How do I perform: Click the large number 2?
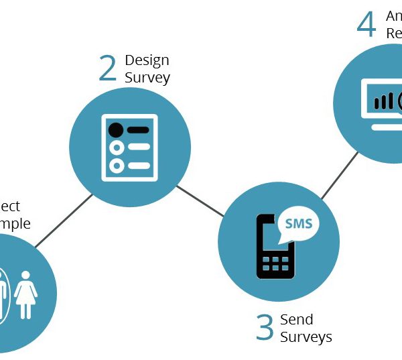(x=107, y=69)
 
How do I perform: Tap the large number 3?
(x=265, y=328)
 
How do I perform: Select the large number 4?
(x=366, y=25)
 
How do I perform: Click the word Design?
(x=147, y=61)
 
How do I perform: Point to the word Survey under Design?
(x=147, y=77)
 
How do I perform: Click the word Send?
(x=297, y=319)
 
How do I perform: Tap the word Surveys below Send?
(x=306, y=337)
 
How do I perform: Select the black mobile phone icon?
(x=275, y=246)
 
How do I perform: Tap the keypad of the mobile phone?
(x=275, y=263)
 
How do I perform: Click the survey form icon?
(x=129, y=147)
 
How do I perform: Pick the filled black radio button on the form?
(x=117, y=129)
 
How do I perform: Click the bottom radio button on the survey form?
(x=117, y=165)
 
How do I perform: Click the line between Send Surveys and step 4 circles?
(x=340, y=176)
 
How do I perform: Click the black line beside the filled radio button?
(x=138, y=129)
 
